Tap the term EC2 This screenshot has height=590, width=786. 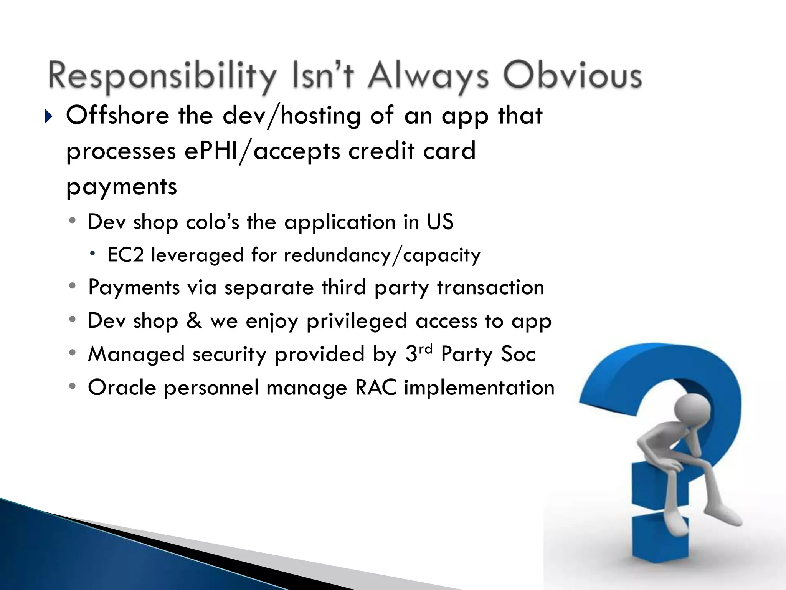tap(125, 255)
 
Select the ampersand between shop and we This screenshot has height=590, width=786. tap(194, 321)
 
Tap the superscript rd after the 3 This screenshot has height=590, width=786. tap(426, 349)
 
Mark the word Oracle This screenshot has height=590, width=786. tap(122, 387)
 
